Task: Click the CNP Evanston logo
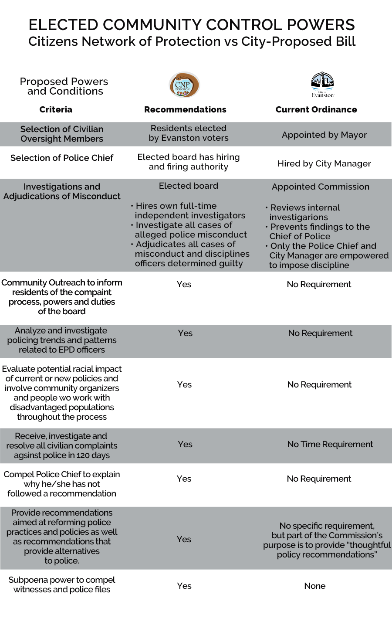tap(184, 85)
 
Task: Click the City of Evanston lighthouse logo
tap(322, 85)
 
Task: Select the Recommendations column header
tap(185, 109)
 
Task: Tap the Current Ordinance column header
tap(316, 109)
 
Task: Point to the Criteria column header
tap(56, 109)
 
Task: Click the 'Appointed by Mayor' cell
tap(324, 135)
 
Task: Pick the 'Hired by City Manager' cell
tap(324, 163)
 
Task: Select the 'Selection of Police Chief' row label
tap(62, 158)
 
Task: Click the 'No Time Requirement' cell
tap(330, 444)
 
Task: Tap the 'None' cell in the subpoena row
tap(314, 586)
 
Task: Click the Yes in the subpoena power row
tap(184, 586)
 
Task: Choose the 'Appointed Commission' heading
tap(321, 187)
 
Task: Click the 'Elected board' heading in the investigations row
tap(189, 186)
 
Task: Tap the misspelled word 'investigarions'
tap(299, 217)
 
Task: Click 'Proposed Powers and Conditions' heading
tap(64, 86)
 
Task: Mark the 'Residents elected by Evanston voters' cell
tap(189, 133)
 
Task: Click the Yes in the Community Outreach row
tap(184, 284)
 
